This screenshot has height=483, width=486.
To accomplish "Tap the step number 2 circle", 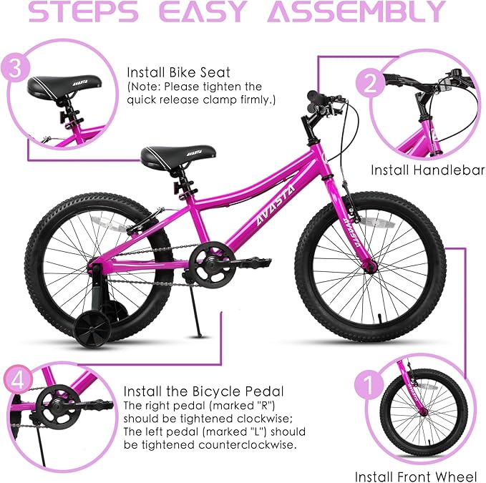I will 391,85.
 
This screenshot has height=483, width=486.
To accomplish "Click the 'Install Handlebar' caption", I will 427,170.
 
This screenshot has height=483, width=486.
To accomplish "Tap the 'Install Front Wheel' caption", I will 415,476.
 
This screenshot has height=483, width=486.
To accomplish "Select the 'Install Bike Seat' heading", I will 170,72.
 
